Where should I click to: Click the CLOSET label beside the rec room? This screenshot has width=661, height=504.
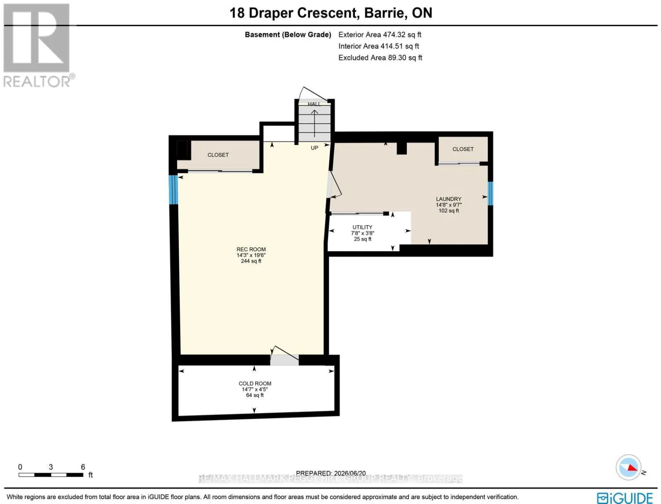click(x=218, y=155)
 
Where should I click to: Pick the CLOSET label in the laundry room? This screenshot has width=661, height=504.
click(x=463, y=149)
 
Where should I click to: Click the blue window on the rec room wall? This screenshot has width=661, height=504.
click(x=173, y=190)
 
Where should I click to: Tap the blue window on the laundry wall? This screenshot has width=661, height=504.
click(x=490, y=193)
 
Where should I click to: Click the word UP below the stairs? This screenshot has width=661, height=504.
click(x=315, y=148)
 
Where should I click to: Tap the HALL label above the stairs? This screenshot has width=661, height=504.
click(x=314, y=104)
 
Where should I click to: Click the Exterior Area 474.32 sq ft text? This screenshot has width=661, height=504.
click(x=380, y=34)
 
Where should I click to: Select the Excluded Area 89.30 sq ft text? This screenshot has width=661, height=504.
click(x=380, y=58)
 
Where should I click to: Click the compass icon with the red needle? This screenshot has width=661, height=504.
click(x=629, y=467)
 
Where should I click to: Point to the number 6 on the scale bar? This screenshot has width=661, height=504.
click(x=83, y=467)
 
